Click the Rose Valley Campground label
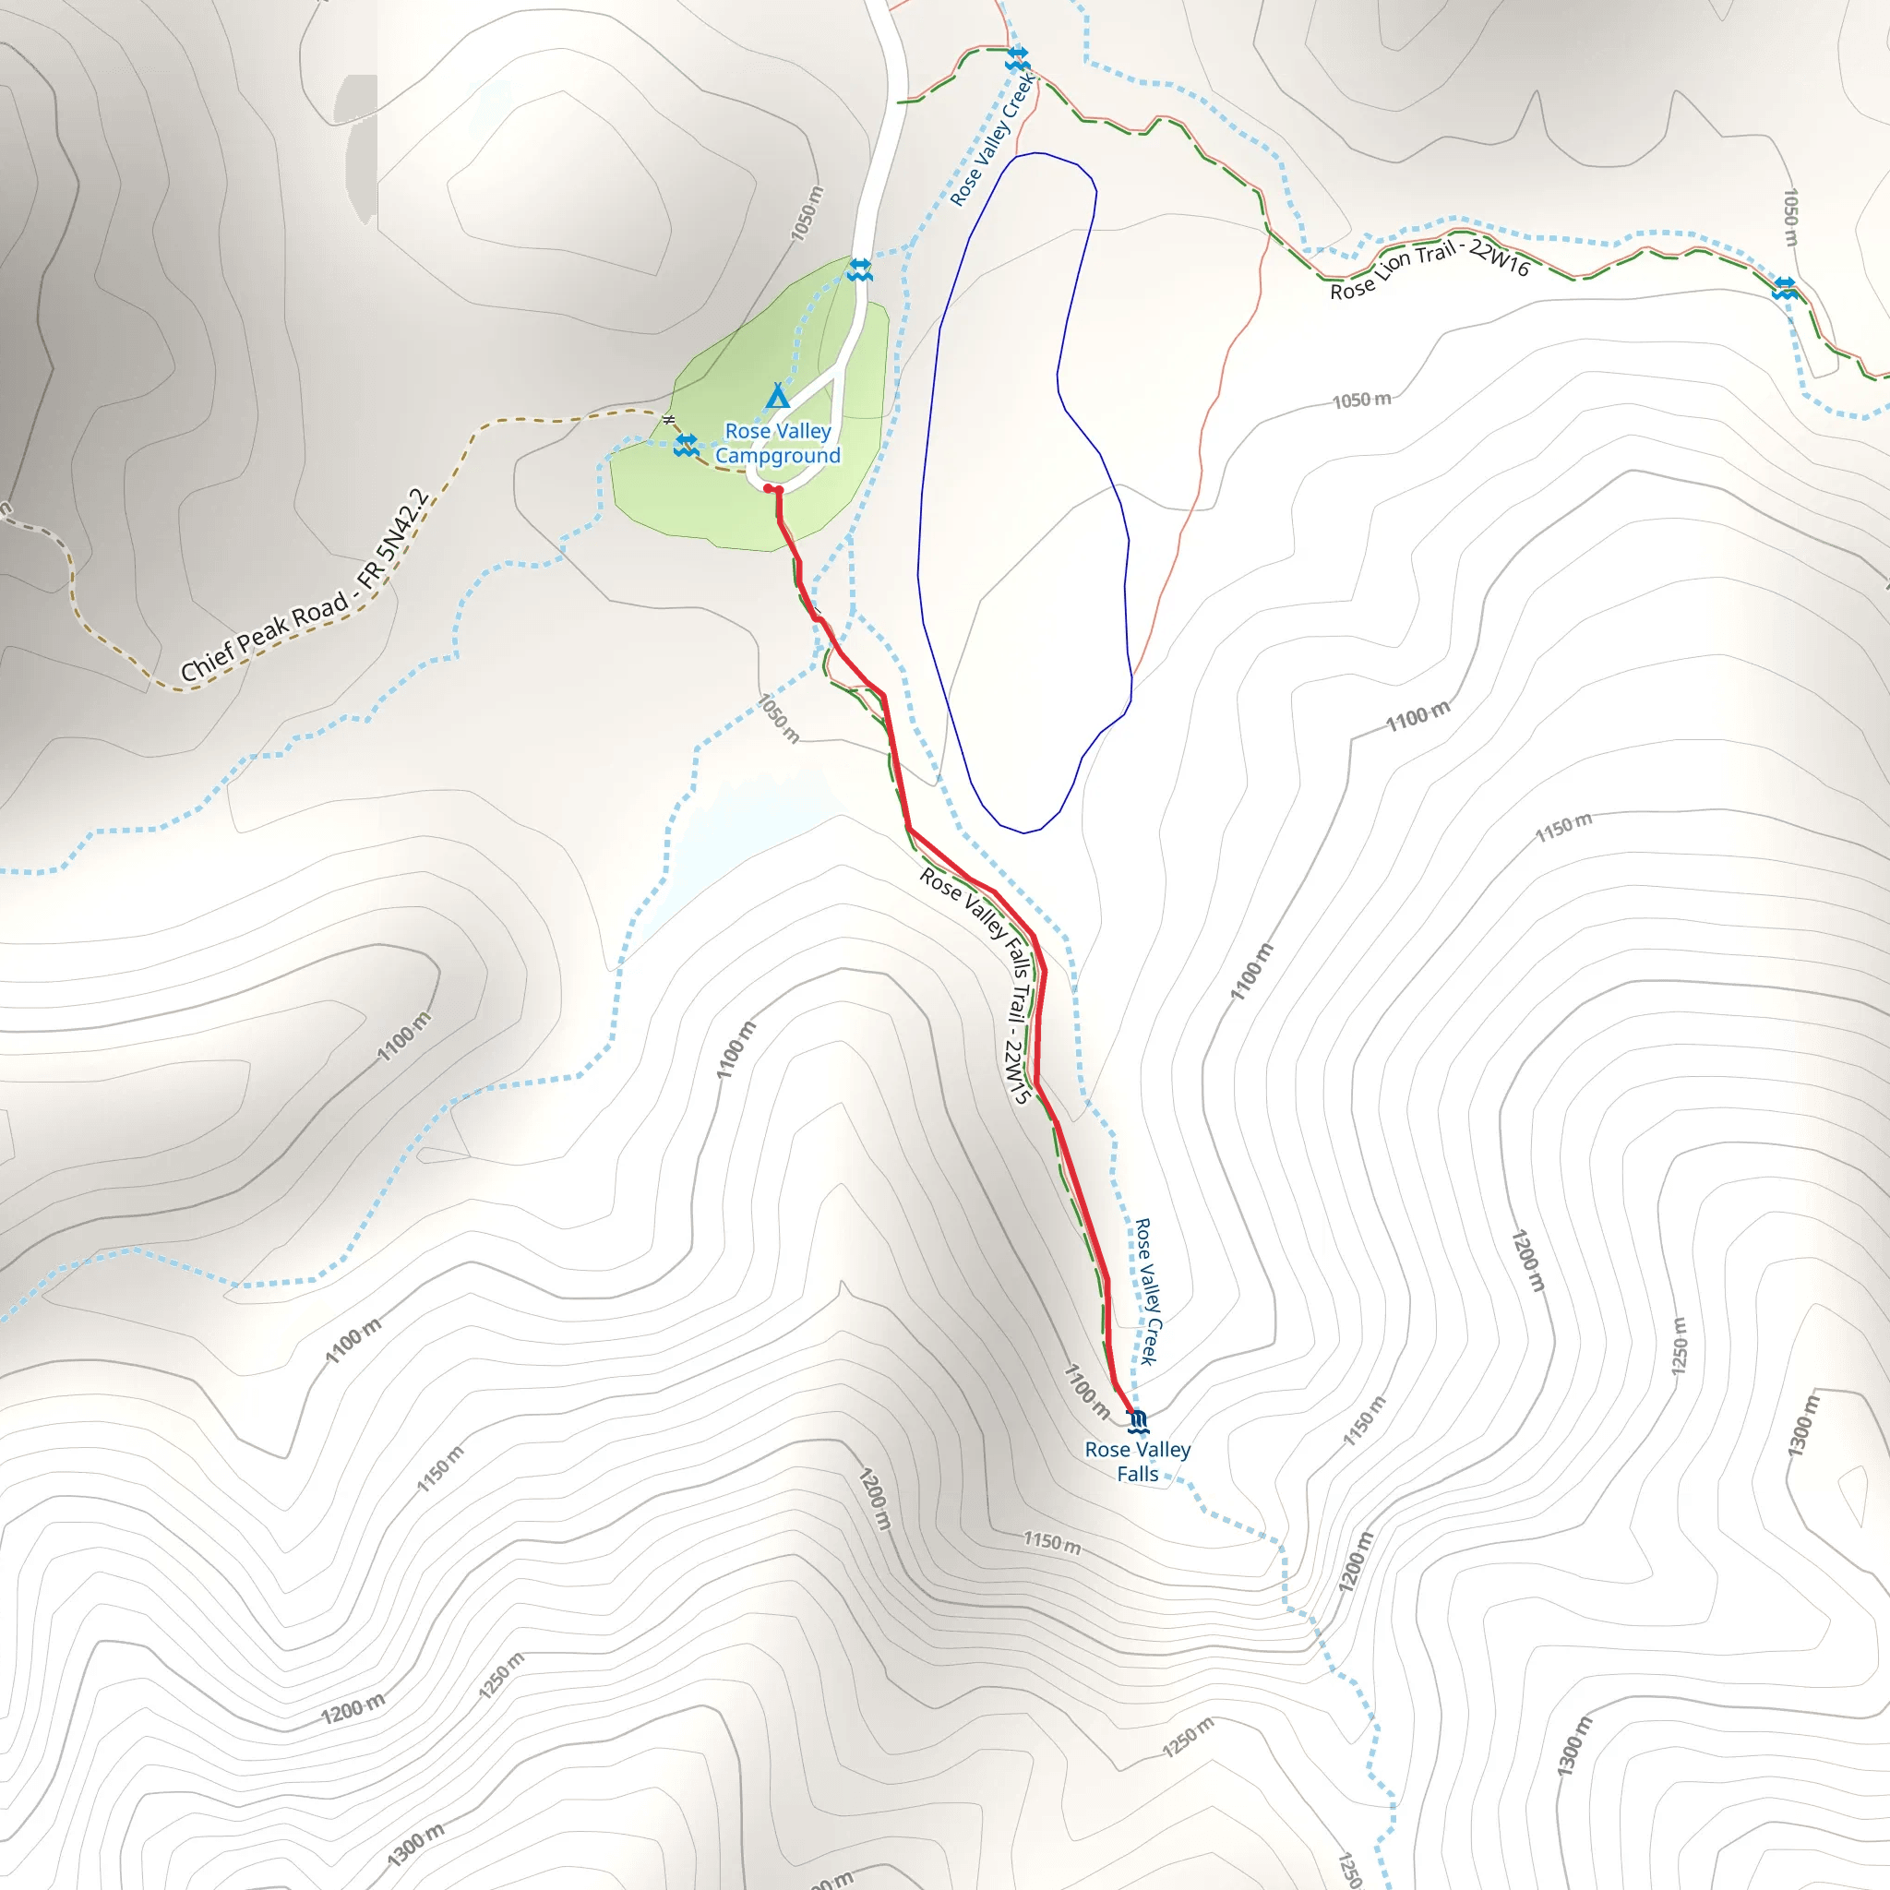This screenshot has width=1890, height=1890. point(778,443)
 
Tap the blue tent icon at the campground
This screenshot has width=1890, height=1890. point(778,396)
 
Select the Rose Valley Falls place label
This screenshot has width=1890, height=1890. point(1138,1462)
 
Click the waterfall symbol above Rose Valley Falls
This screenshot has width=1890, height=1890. point(1137,1420)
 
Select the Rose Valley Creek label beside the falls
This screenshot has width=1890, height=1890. point(1146,1291)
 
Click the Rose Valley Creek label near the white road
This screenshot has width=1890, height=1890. point(993,138)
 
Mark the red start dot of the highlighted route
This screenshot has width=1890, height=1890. point(769,487)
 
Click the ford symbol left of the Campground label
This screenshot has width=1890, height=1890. point(686,445)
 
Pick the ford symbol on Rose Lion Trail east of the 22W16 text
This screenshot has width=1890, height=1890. point(1786,288)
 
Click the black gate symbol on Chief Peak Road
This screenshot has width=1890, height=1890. point(669,420)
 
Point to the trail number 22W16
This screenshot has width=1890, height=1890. point(1500,257)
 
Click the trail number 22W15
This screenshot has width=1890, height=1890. point(1016,1071)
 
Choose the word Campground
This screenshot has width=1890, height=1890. point(778,456)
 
